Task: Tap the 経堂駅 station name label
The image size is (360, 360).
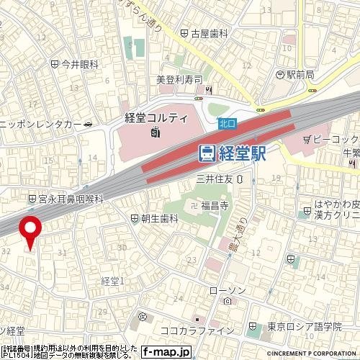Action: click(243, 153)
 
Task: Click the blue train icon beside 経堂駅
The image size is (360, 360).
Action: click(207, 153)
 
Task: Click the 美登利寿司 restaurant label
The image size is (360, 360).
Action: click(179, 79)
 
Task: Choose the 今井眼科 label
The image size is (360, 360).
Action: click(79, 64)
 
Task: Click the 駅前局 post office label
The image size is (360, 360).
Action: click(300, 74)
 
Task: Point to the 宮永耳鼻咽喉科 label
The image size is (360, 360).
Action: click(71, 198)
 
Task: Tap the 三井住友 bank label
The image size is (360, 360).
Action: click(216, 178)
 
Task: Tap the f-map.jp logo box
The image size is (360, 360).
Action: click(166, 352)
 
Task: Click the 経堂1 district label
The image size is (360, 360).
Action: click(113, 280)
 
